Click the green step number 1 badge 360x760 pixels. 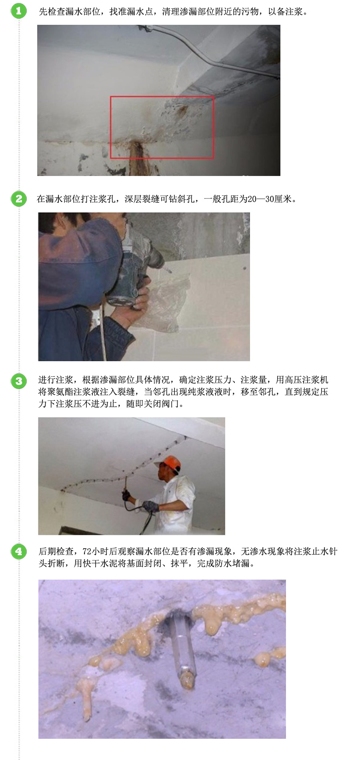coord(19,11)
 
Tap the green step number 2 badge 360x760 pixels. coord(19,199)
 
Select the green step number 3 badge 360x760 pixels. coord(19,381)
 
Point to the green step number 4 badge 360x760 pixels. coord(19,552)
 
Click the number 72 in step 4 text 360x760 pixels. coord(87,552)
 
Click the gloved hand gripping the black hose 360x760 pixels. coord(151,507)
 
